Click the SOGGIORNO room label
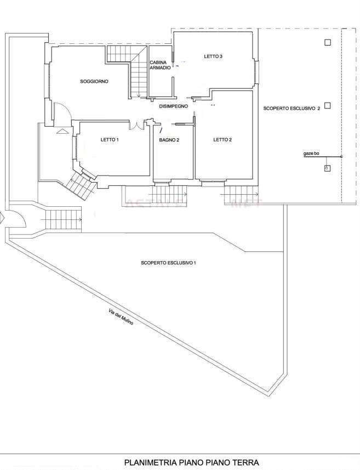[94, 81]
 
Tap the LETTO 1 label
[110, 140]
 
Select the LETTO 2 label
[222, 140]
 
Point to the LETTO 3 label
[213, 56]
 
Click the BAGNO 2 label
[169, 140]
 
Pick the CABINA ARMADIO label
[160, 65]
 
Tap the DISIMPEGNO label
[174, 106]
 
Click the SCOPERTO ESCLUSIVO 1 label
[168, 263]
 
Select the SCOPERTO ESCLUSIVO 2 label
[292, 109]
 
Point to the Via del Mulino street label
[121, 317]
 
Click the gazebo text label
[311, 154]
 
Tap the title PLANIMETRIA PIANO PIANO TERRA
[191, 462]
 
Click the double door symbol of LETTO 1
[137, 126]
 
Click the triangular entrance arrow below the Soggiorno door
[62, 131]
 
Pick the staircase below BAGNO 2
[169, 194]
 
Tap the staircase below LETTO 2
[242, 195]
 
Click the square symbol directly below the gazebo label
[327, 168]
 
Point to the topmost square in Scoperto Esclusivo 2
[328, 42]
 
